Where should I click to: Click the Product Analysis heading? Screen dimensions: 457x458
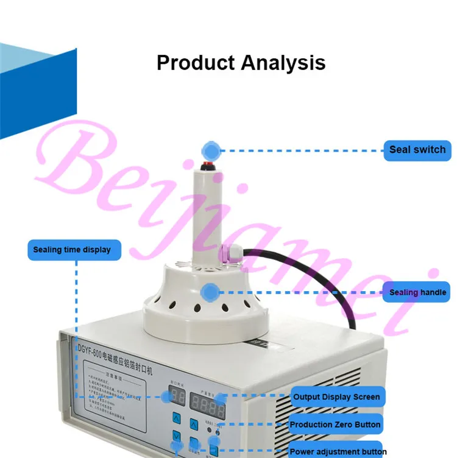241,63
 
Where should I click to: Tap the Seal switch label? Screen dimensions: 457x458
417,150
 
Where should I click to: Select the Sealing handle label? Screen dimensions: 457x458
417,292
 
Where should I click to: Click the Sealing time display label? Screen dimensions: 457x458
72,250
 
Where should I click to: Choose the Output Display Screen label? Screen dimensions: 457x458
336,397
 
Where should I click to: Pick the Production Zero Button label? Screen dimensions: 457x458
335,425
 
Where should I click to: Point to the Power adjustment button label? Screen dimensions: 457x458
338,451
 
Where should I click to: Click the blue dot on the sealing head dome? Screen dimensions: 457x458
210,292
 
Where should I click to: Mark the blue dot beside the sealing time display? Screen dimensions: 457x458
165,396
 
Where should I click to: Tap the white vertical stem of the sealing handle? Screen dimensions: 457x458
207,213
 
